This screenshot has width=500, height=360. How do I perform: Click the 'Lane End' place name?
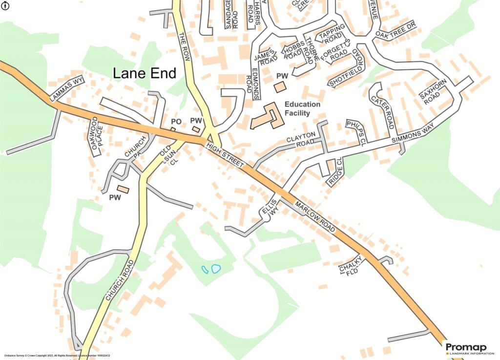pyautogui.click(x=144, y=73)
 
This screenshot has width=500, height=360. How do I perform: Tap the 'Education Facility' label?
pyautogui.click(x=302, y=108)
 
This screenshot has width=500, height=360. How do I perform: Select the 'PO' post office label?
pyautogui.click(x=176, y=121)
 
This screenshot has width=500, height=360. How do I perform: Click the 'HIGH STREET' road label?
pyautogui.click(x=225, y=155)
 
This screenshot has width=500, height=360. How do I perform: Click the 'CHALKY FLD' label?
pyautogui.click(x=352, y=265)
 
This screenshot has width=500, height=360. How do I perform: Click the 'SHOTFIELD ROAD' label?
pyautogui.click(x=347, y=68)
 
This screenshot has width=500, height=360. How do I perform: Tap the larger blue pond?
pyautogui.click(x=215, y=268)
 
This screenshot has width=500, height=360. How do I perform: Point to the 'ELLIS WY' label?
pyautogui.click(x=272, y=206)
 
